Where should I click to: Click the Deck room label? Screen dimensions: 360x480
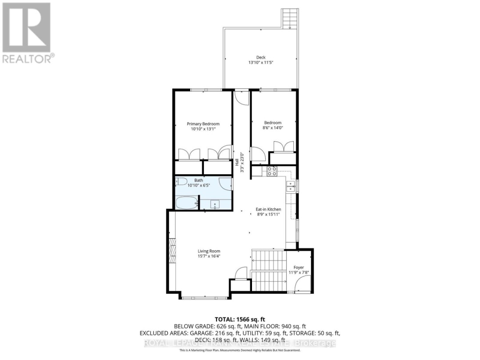click(x=260, y=57)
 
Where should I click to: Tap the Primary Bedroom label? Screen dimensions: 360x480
click(x=203, y=124)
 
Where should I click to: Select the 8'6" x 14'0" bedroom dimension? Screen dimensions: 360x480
click(x=273, y=128)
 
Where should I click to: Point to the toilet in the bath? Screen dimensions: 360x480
click(x=180, y=181)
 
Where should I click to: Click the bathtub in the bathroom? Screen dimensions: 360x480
click(x=186, y=204)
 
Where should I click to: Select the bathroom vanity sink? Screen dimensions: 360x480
click(x=215, y=205)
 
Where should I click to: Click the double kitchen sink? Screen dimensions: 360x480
click(x=291, y=186)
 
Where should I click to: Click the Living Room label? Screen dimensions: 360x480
click(x=208, y=251)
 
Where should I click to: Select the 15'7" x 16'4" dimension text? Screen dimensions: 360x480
click(x=208, y=256)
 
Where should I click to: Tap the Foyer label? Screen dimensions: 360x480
click(x=299, y=268)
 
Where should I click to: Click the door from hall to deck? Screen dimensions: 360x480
click(x=243, y=97)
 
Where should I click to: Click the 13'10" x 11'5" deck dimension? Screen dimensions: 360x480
click(x=260, y=63)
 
